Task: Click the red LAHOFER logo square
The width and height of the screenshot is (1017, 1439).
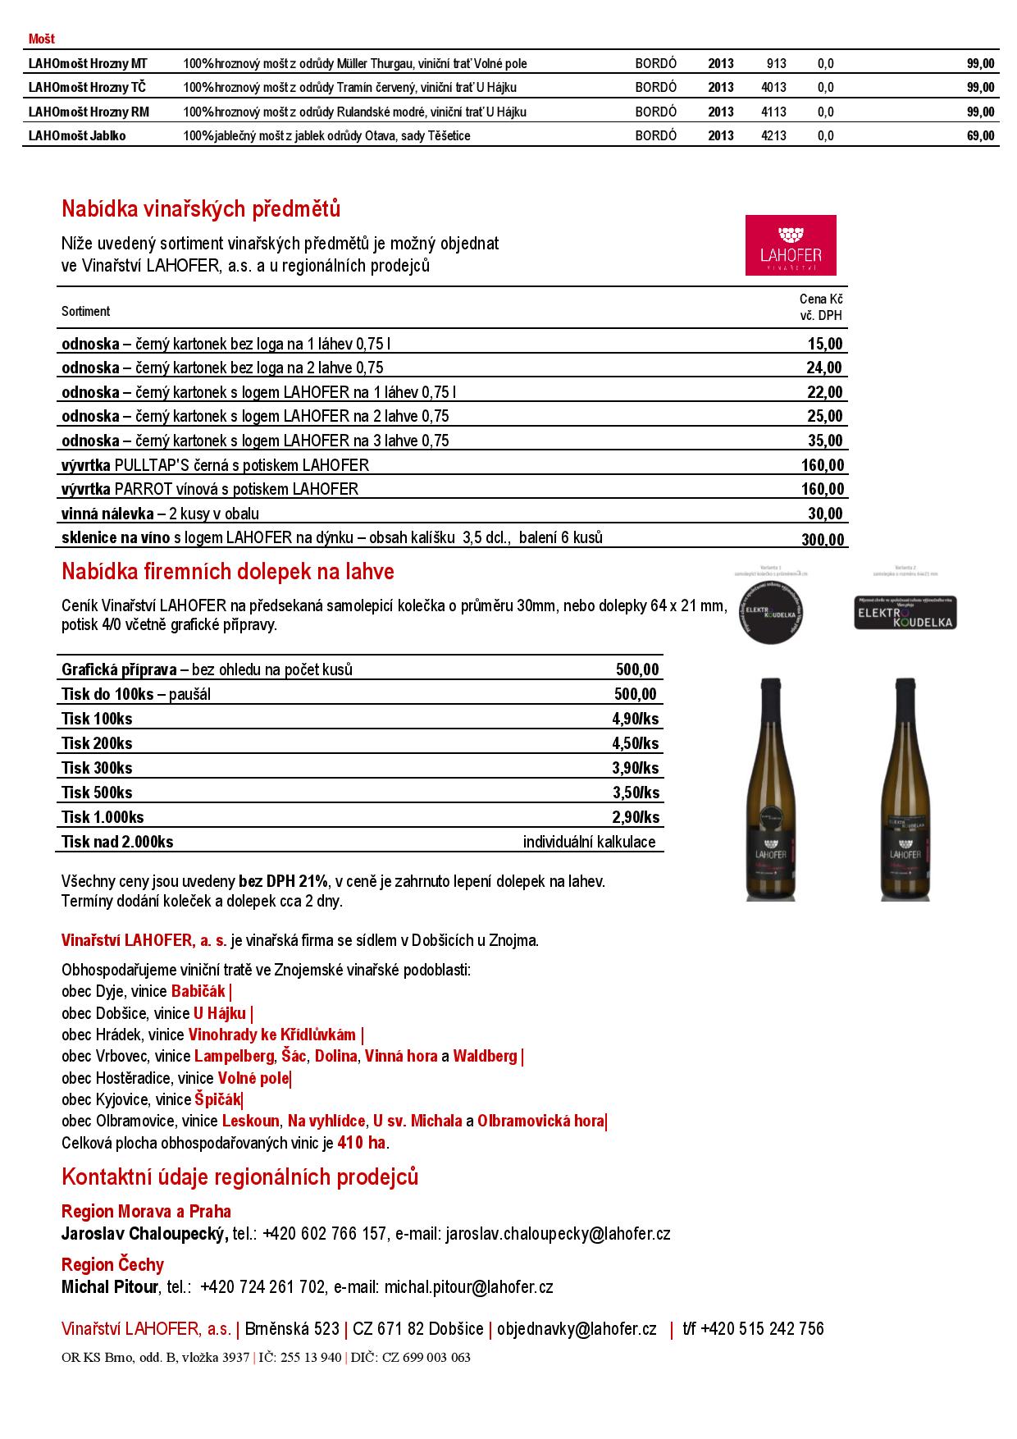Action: (x=791, y=245)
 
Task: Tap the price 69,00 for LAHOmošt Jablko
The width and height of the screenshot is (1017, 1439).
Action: (x=980, y=136)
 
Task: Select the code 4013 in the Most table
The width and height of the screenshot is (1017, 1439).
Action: (x=773, y=88)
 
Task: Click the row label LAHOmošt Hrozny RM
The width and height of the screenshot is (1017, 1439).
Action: (x=89, y=112)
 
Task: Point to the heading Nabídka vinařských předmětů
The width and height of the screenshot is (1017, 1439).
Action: (x=201, y=209)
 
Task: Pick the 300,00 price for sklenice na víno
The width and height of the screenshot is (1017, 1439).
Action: (x=823, y=539)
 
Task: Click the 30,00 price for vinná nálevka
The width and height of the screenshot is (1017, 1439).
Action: (x=825, y=514)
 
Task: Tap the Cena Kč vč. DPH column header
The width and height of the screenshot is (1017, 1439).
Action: (x=821, y=308)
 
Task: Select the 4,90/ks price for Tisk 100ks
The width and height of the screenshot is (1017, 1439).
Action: (x=636, y=719)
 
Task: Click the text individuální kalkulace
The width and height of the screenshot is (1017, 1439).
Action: (x=589, y=842)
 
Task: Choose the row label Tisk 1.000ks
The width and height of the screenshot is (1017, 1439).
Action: (x=103, y=817)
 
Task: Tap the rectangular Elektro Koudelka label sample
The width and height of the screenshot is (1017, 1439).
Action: (x=905, y=612)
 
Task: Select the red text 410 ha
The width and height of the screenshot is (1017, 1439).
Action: (x=361, y=1143)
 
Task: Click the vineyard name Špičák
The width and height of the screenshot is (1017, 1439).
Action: (x=218, y=1099)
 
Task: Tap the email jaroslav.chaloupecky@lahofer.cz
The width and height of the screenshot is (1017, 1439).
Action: (x=558, y=1234)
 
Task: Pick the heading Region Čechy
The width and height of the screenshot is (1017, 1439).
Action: (x=112, y=1264)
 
